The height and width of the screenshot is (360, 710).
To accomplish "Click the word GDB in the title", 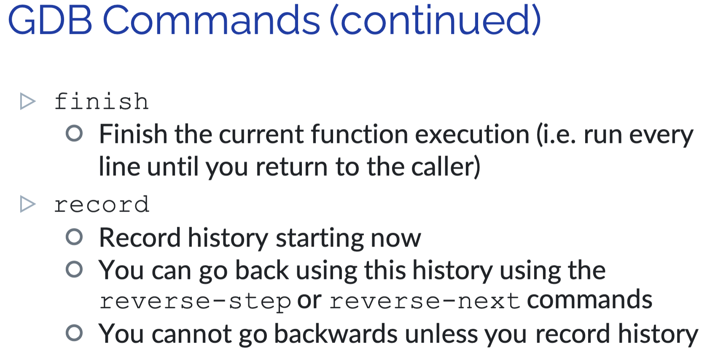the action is [x=50, y=20].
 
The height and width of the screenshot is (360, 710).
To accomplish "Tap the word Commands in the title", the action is [x=211, y=20].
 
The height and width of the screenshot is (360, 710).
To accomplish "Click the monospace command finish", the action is [x=102, y=102].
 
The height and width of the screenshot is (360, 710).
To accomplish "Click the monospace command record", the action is [x=102, y=205].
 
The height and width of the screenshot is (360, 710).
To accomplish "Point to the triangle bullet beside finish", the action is [x=27, y=102].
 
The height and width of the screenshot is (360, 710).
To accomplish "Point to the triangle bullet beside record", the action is [x=27, y=204].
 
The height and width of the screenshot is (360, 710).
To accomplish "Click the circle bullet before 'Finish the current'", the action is [x=74, y=133].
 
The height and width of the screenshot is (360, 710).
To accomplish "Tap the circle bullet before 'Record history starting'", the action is [x=74, y=237].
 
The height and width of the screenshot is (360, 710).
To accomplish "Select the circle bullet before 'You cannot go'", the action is [x=74, y=333].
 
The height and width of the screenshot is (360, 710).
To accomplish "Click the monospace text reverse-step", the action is [x=195, y=302].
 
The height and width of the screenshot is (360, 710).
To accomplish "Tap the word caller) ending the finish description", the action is [x=446, y=167].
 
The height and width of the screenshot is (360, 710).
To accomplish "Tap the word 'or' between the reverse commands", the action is [x=309, y=301].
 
